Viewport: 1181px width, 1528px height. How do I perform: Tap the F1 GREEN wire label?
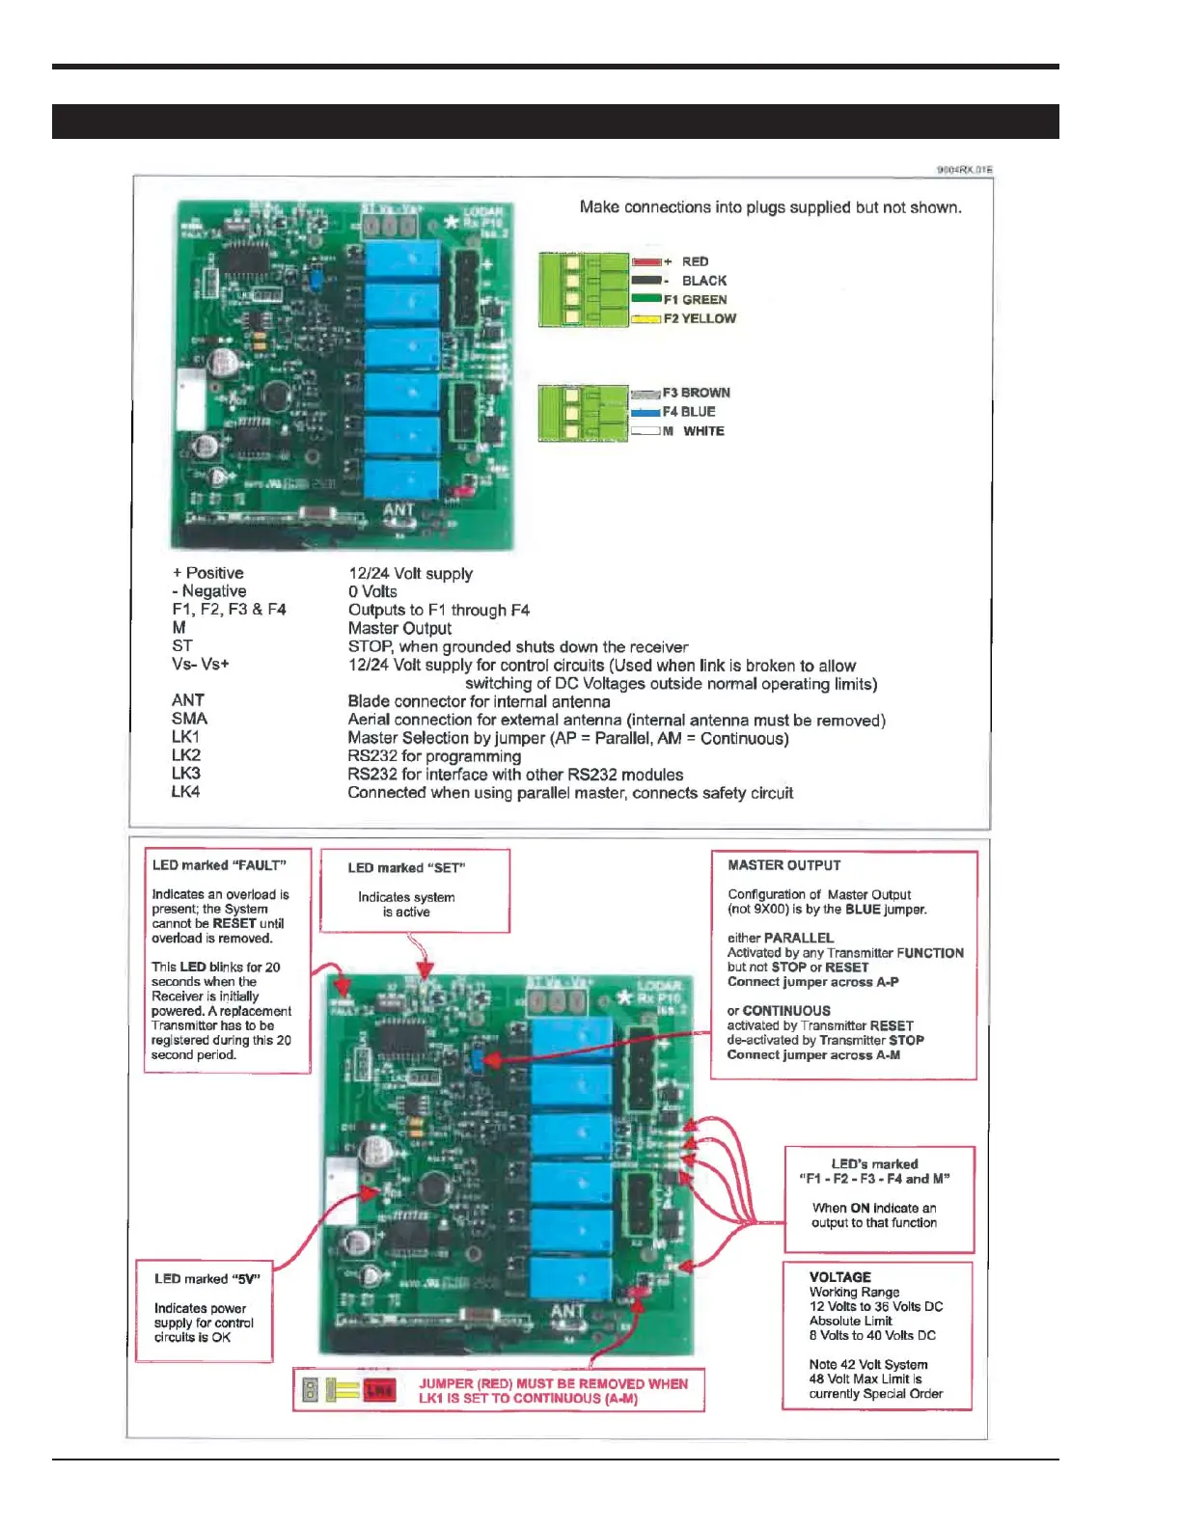(695, 300)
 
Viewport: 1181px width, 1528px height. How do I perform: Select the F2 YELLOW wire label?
(700, 318)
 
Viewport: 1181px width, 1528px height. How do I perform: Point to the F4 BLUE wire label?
(689, 412)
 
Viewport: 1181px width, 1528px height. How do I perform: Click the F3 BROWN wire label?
(696, 393)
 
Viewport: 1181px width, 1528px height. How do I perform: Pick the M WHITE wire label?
(694, 431)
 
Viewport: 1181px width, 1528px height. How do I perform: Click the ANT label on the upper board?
(398, 509)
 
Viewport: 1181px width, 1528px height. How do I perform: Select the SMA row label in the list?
(190, 719)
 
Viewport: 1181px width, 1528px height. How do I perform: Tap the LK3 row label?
(186, 774)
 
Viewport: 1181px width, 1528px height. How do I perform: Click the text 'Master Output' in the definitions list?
(399, 628)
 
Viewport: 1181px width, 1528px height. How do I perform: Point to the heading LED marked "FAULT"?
(218, 865)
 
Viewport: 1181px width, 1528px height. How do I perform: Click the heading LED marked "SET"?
(406, 868)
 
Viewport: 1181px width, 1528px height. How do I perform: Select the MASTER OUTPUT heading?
(783, 865)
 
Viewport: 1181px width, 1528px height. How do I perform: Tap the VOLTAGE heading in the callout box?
(839, 1277)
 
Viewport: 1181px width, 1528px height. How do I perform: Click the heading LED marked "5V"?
(206, 1279)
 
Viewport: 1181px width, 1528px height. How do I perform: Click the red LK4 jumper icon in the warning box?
(379, 1390)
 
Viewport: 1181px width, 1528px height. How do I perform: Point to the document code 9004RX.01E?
(964, 170)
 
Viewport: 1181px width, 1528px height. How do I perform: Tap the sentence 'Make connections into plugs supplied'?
(770, 207)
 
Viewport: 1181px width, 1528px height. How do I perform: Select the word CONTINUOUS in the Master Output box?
(786, 1011)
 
